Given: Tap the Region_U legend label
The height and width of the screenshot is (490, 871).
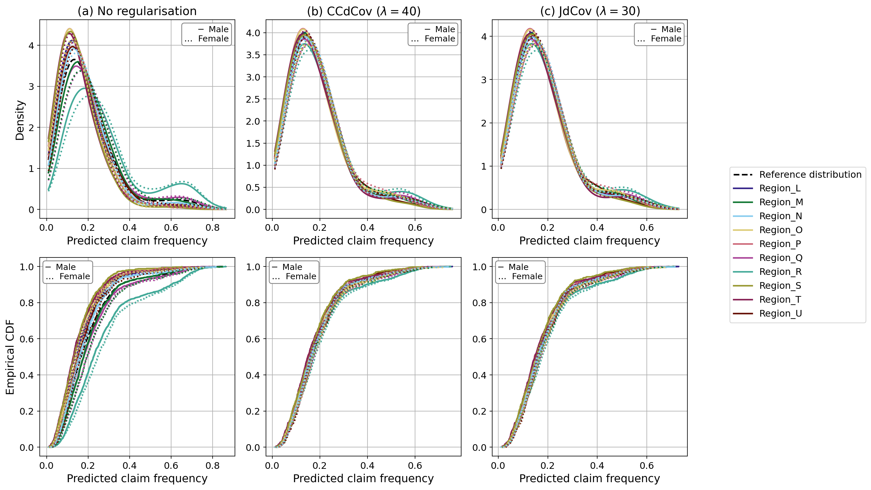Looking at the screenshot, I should pos(781,314).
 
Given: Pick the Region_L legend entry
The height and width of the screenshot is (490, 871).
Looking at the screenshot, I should pos(780,188).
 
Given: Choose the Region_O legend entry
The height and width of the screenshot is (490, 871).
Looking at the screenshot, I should pos(781,230).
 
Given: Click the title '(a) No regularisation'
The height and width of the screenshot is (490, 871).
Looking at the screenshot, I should pos(137,11).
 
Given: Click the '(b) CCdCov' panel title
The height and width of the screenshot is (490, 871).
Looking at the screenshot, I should pos(363,11).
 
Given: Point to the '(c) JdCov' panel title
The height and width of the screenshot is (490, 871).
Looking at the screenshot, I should pos(590,11).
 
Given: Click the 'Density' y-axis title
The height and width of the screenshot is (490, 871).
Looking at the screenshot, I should pos(20,120).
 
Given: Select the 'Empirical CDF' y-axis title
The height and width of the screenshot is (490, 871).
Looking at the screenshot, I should pos(10,357).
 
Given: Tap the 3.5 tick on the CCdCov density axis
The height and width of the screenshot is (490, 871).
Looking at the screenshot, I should pos(253,55).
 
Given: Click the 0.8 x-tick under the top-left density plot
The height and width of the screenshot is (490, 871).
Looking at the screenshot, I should pos(213,228).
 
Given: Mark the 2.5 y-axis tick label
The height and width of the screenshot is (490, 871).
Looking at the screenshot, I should pos(253,99).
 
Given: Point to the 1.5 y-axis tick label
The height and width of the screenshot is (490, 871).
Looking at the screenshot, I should pos(253,144).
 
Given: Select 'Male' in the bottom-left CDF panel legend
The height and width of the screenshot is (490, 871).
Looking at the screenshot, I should pos(66,267).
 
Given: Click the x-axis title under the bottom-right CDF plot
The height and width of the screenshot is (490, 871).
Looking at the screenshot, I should pos(589,478).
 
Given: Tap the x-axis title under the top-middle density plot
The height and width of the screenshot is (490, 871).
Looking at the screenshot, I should pos(363,241).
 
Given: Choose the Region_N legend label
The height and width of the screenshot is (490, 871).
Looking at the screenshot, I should pos(781,216).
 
